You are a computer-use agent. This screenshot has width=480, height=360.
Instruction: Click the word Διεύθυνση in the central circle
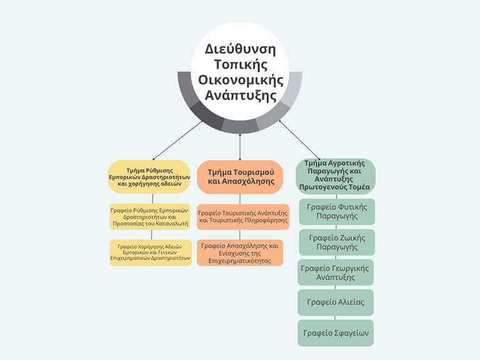click(240, 49)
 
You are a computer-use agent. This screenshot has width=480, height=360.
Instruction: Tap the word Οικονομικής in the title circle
click(241, 80)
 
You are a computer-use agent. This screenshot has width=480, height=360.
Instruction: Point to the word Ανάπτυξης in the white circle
click(241, 95)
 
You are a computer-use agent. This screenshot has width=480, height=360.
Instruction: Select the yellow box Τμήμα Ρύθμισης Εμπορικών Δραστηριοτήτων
click(149, 177)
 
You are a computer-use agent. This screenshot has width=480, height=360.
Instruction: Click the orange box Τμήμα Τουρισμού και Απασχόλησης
click(240, 177)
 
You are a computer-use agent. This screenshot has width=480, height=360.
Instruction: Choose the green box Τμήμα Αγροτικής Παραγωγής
click(336, 176)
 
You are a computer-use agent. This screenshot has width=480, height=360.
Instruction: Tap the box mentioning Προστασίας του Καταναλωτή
click(150, 217)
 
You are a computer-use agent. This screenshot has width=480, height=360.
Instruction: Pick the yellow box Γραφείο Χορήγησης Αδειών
click(151, 252)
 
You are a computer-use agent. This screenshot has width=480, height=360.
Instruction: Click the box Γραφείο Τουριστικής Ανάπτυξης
click(243, 217)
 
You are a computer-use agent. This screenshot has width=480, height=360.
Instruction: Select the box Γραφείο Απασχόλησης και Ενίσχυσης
click(240, 253)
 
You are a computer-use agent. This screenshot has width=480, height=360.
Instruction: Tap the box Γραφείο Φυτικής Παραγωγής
click(337, 211)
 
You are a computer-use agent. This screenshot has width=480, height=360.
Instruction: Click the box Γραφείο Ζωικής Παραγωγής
click(337, 242)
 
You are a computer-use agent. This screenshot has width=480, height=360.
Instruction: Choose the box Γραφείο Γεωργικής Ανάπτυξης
click(336, 272)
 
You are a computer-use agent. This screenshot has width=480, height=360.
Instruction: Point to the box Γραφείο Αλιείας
click(336, 302)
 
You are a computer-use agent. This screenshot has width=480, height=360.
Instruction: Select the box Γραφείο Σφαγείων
click(336, 333)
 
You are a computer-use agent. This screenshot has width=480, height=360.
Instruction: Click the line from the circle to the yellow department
click(177, 140)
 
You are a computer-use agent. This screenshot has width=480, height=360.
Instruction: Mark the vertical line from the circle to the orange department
click(240, 147)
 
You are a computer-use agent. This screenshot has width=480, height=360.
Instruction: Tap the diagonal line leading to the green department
click(299, 140)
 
